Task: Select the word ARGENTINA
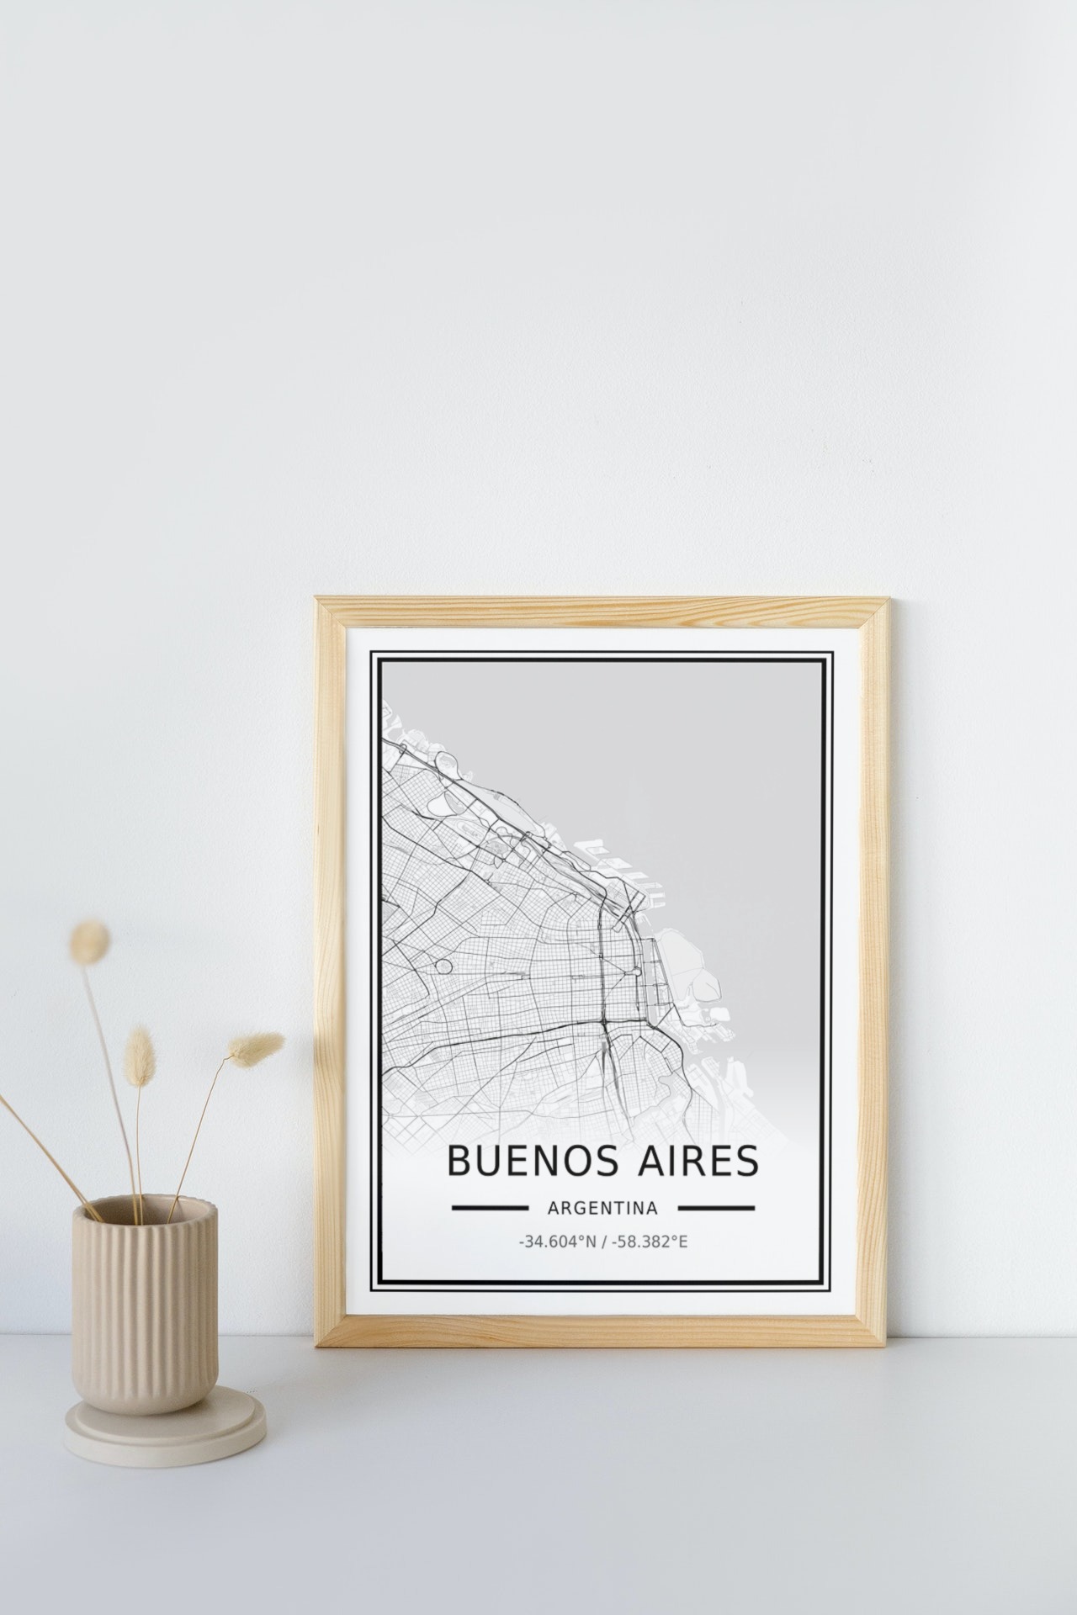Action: [602, 1208]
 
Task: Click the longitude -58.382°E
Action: [650, 1241]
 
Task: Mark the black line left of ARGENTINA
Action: [490, 1208]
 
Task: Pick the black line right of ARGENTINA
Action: [716, 1208]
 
